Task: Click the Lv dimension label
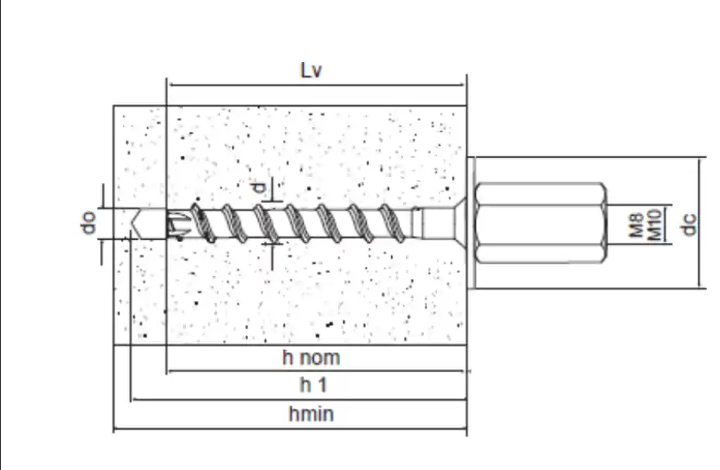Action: pyautogui.click(x=311, y=71)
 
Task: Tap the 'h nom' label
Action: pyautogui.click(x=311, y=358)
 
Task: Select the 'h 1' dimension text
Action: pyautogui.click(x=313, y=385)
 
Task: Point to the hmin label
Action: pyautogui.click(x=311, y=414)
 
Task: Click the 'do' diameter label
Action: pyautogui.click(x=88, y=222)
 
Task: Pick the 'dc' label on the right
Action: pyautogui.click(x=689, y=225)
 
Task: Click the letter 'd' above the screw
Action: pyautogui.click(x=260, y=188)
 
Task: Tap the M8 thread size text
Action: pyautogui.click(x=636, y=225)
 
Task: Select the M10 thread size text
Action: pyautogui.click(x=653, y=225)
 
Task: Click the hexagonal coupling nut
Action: pyautogui.click(x=540, y=223)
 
